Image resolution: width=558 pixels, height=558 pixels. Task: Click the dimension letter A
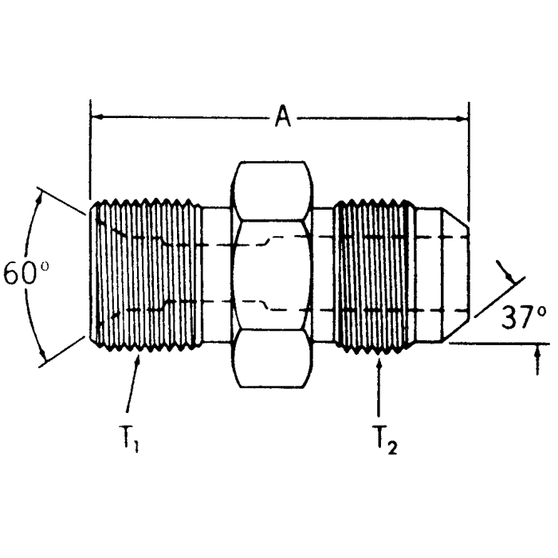(x=282, y=118)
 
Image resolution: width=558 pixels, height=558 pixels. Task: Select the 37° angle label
(x=524, y=317)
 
